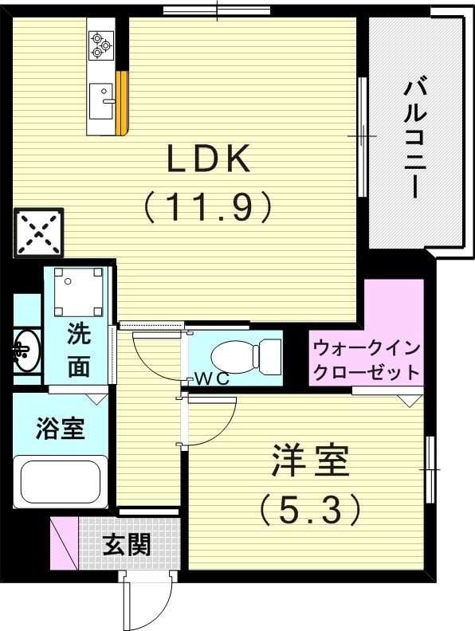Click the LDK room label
pyautogui.click(x=209, y=160)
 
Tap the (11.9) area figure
pyautogui.click(x=209, y=207)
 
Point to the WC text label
pyautogui.click(x=212, y=379)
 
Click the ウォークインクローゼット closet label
pyautogui.click(x=366, y=360)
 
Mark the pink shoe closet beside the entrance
pyautogui.click(x=65, y=543)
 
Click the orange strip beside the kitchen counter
pyautogui.click(x=122, y=104)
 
